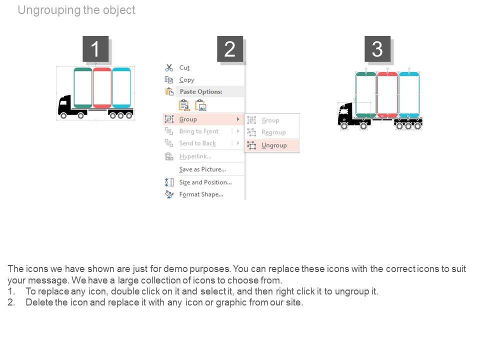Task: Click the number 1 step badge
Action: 95,49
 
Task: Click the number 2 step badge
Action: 230,49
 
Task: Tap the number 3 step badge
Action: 377,49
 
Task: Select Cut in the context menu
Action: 184,67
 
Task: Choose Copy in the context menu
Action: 186,80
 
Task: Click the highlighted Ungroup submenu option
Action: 274,145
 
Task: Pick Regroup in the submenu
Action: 273,132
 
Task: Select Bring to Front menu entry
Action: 198,131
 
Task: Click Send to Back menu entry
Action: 197,143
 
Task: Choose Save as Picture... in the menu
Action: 202,169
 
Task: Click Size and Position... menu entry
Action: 205,182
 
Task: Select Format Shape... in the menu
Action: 201,194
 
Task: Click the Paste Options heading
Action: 200,92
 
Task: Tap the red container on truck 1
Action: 102,87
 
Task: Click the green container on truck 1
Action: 83,87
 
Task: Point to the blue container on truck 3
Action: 409,94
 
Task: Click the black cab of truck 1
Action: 65,106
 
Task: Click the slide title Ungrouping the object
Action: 76,10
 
